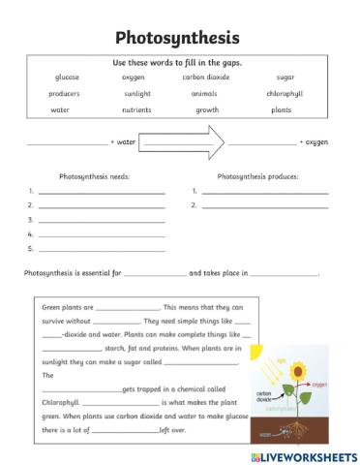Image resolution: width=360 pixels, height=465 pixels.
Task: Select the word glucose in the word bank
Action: click(67, 77)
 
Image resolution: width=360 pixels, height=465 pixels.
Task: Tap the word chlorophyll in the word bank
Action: click(285, 94)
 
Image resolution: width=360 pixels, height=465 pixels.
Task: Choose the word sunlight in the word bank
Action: click(136, 94)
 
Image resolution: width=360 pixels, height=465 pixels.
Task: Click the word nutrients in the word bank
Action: click(136, 110)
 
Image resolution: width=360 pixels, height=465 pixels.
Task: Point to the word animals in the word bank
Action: click(203, 94)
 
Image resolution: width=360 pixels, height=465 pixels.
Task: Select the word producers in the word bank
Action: click(64, 94)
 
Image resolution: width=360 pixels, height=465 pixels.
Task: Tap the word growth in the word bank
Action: click(207, 110)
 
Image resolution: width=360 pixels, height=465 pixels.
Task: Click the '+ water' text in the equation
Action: click(124, 142)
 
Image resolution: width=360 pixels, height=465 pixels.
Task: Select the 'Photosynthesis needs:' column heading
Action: click(94, 177)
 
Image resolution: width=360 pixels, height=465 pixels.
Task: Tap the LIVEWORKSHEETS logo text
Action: click(309, 453)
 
